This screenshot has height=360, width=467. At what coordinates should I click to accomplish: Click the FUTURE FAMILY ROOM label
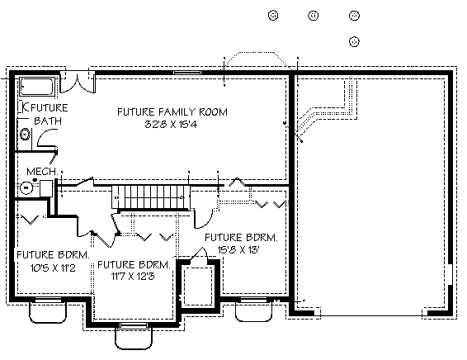[x=172, y=111]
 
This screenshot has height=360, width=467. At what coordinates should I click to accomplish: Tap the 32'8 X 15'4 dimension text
[x=171, y=124]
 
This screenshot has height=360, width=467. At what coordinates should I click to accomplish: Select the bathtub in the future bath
[x=37, y=87]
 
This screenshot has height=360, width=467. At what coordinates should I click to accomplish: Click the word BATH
[x=48, y=121]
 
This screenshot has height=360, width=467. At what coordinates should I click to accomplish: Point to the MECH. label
[x=42, y=171]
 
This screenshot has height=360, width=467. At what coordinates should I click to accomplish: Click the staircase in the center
[x=151, y=197]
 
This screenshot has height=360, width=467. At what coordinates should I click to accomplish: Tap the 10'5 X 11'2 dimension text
[x=53, y=268]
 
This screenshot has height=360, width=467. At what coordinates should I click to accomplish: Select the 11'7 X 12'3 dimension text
[x=133, y=277]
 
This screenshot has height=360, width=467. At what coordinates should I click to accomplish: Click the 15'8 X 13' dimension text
[x=238, y=249]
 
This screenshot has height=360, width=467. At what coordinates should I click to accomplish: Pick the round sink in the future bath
[x=25, y=135]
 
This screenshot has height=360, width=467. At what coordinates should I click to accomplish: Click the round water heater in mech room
[x=26, y=187]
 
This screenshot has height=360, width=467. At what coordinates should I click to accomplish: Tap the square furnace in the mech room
[x=46, y=188]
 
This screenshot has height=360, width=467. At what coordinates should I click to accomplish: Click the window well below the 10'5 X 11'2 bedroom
[x=48, y=312]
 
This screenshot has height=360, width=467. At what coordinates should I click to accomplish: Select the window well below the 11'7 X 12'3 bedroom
[x=134, y=338]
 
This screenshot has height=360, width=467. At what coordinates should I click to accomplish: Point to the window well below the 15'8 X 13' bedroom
[x=254, y=311]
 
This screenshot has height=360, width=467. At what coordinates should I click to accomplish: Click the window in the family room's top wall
[x=187, y=73]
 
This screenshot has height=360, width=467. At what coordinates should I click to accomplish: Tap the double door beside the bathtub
[x=78, y=82]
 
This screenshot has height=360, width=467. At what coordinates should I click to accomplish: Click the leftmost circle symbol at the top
[x=273, y=15]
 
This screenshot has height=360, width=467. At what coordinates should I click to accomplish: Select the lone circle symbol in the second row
[x=354, y=41]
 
